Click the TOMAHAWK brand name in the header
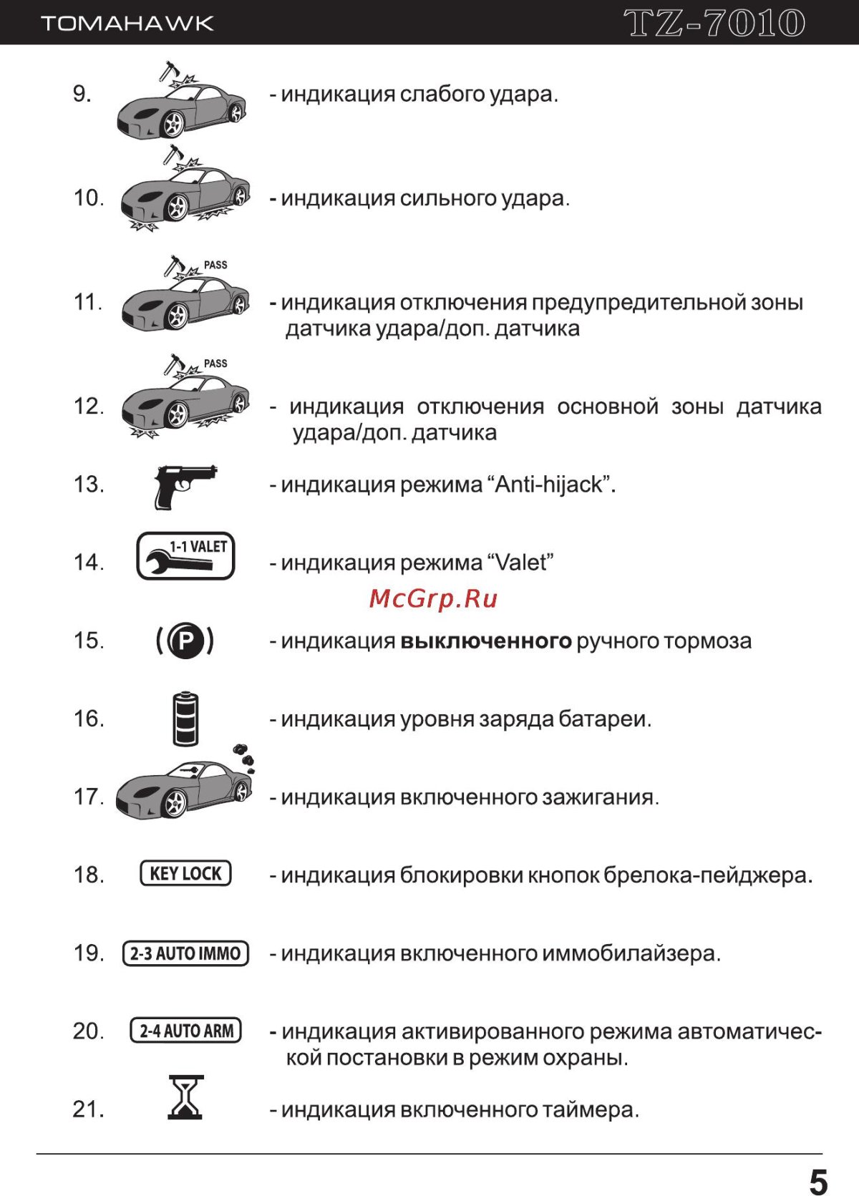pyautogui.click(x=127, y=24)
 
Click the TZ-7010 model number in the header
pyautogui.click(x=714, y=23)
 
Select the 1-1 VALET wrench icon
pyautogui.click(x=185, y=556)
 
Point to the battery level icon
pyautogui.click(x=185, y=719)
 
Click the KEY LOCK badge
pyautogui.click(x=185, y=873)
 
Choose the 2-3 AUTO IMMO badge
pyautogui.click(x=185, y=953)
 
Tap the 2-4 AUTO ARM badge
pyautogui.click(x=185, y=1031)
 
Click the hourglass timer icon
pyautogui.click(x=185, y=1097)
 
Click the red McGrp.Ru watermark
pyautogui.click(x=433, y=598)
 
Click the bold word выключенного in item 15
pyautogui.click(x=485, y=641)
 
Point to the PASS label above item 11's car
pyautogui.click(x=215, y=265)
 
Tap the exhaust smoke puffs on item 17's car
pyautogui.click(x=244, y=755)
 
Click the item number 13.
pyautogui.click(x=89, y=485)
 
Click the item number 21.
pyautogui.click(x=89, y=1109)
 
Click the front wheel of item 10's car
pyautogui.click(x=176, y=208)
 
